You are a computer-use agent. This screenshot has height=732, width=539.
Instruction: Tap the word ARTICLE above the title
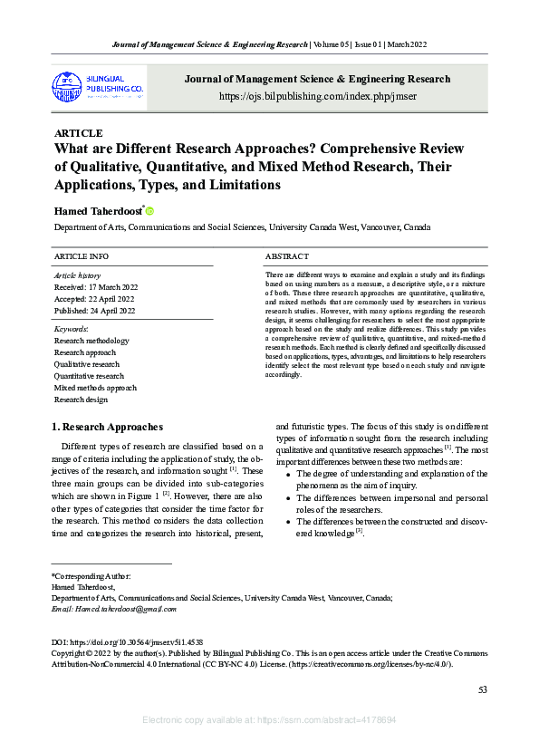tap(79, 133)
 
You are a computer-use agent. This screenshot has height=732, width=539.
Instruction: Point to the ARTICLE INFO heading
tap(82, 257)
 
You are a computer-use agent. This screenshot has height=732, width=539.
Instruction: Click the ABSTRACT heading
tap(289, 257)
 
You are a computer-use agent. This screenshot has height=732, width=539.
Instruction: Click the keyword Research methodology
tap(91, 341)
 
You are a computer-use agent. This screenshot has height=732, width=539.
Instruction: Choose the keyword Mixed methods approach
tap(95, 388)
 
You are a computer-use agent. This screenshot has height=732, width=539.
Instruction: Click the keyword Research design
tap(81, 400)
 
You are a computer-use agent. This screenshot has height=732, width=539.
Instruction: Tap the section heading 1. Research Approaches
tap(109, 427)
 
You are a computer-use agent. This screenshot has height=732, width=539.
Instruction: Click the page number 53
tap(483, 690)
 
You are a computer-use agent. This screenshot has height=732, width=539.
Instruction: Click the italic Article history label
tap(78, 275)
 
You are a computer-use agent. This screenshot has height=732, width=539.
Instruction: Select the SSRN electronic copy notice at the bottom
tap(269, 719)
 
